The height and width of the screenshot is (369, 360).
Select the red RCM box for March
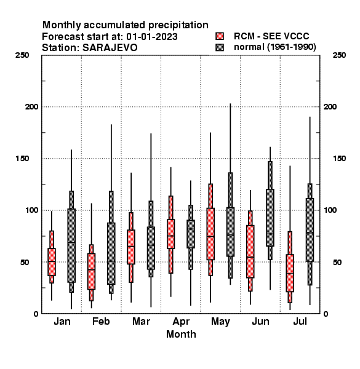click(x=131, y=247)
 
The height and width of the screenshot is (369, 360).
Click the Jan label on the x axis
click(x=62, y=321)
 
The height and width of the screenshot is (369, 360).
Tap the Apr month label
click(x=181, y=322)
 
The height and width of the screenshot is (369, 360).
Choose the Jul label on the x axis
click(x=300, y=321)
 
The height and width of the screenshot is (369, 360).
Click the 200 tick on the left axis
click(x=31, y=106)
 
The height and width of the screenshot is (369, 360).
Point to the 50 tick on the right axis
click(x=337, y=262)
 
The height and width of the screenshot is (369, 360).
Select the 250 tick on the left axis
click(x=22, y=55)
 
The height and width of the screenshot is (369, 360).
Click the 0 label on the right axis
click(x=326, y=314)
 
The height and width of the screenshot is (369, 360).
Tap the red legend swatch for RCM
click(x=220, y=36)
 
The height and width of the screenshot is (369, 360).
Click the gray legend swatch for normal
click(x=220, y=47)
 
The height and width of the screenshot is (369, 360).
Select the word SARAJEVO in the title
click(x=110, y=47)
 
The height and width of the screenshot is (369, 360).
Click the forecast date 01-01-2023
click(x=152, y=36)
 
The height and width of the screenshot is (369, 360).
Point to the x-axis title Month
click(x=181, y=334)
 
